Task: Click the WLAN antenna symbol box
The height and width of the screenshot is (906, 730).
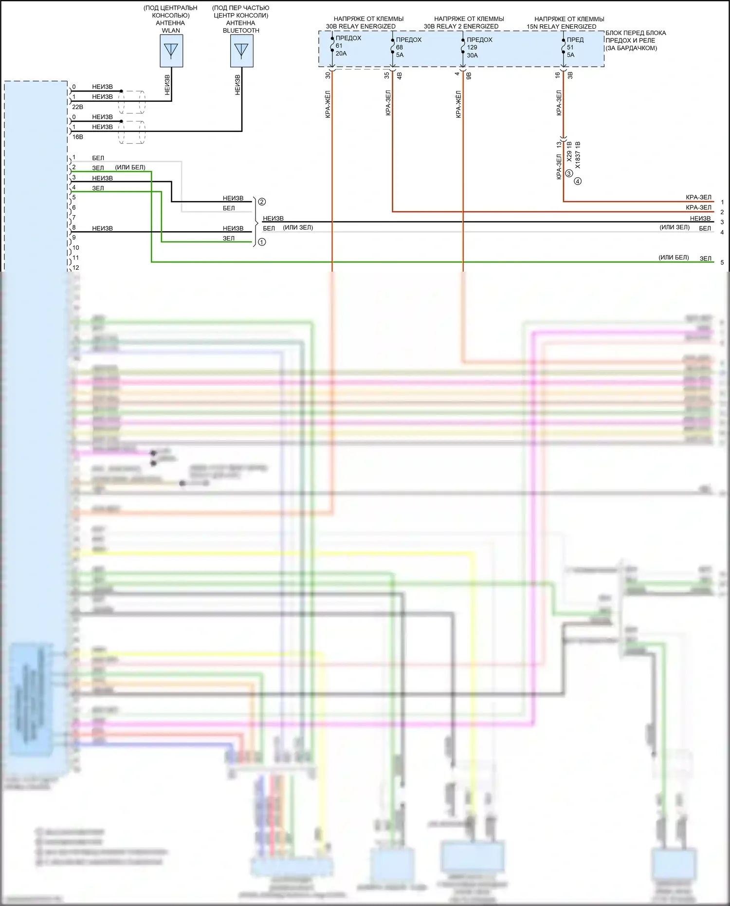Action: coord(171,51)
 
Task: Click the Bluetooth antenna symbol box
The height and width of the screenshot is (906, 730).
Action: coord(241,51)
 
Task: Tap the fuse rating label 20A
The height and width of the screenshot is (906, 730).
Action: coord(341,54)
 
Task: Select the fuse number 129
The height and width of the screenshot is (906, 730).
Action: coord(472,47)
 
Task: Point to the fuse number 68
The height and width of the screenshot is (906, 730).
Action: coord(400,47)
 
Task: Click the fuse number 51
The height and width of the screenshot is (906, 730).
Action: coord(570,47)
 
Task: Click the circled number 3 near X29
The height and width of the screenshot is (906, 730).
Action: coord(569,173)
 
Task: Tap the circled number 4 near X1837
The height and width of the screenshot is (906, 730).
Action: coord(578,181)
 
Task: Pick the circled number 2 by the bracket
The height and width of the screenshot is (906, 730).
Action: coord(262,202)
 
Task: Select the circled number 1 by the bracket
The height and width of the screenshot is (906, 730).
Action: coord(262,242)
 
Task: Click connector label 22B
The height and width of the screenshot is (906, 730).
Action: coord(78,107)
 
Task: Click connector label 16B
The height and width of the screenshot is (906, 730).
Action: coord(78,137)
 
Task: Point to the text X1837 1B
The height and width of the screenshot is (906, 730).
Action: coord(578,155)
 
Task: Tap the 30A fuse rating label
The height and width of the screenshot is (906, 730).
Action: coord(472,55)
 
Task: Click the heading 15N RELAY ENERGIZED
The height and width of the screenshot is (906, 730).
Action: coord(561,27)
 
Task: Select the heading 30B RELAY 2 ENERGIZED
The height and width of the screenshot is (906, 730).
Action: coord(461,27)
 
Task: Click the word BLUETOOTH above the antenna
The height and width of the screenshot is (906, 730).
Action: coord(241,31)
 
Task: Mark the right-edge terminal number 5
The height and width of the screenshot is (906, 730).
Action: coord(722,262)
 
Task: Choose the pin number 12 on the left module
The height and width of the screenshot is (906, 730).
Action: coord(76,268)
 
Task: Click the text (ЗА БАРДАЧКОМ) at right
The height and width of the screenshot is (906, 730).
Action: coord(631,48)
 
